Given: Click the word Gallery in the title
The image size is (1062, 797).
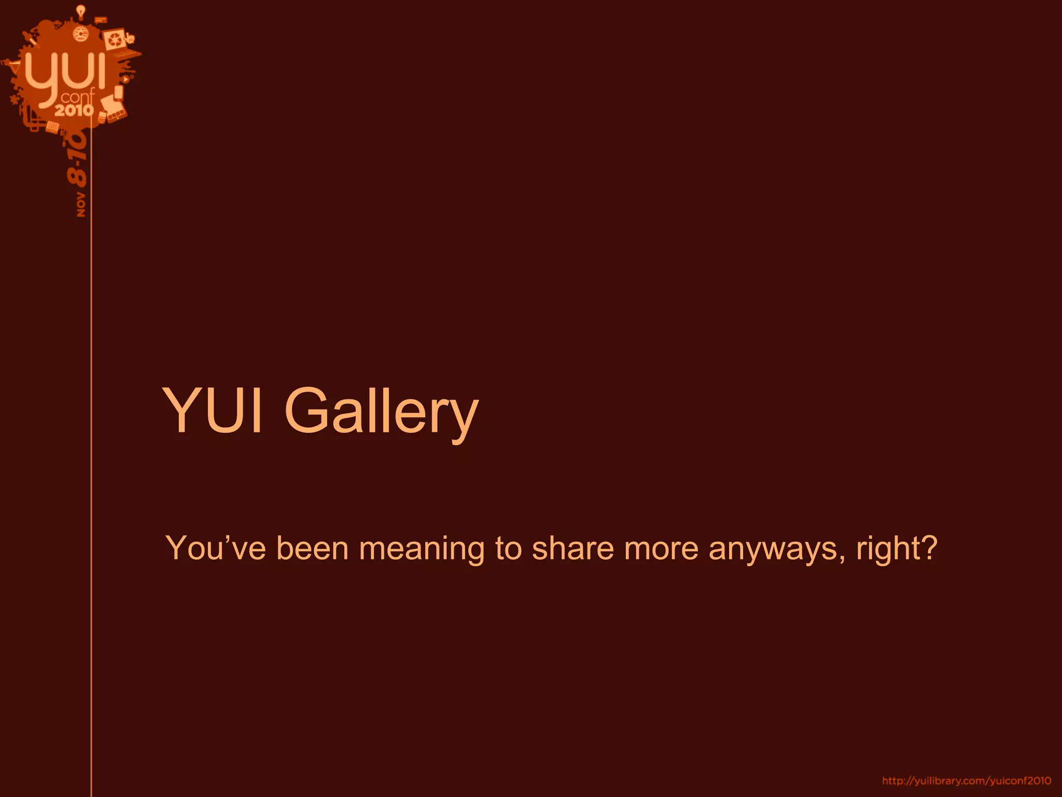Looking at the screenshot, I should coord(381,411).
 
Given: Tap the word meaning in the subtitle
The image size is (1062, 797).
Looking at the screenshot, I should coord(422,549).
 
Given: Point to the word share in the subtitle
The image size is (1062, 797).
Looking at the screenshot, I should coord(572,548).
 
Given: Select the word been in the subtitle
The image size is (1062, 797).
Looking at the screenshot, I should coord(312,548).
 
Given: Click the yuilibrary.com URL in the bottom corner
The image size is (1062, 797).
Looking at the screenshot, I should coord(967,781).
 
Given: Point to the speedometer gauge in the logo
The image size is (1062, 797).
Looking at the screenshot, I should coord(81,34).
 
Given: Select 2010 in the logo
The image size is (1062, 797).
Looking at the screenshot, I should coord(75,109).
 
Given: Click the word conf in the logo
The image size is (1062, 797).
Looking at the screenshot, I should coord(78,97).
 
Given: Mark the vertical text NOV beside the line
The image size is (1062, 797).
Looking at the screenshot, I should coord(81,204).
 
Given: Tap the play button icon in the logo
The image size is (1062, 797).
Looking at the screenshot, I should coord(125,79).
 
